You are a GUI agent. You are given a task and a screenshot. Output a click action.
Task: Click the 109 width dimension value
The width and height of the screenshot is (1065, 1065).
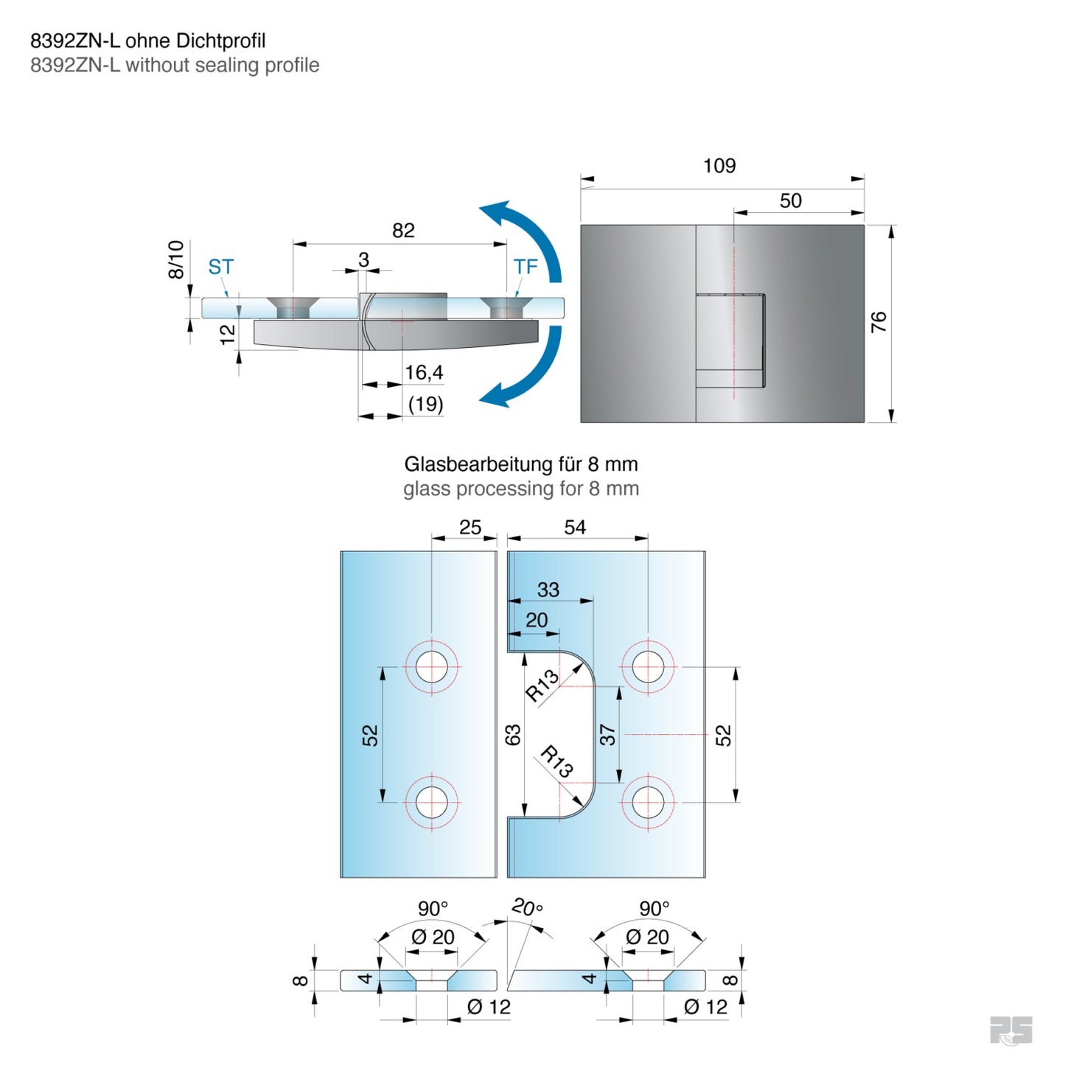719,166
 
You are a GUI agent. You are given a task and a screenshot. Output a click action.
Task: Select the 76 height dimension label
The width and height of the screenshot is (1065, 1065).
879,322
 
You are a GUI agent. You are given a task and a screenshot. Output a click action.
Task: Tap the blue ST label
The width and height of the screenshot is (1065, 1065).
220,267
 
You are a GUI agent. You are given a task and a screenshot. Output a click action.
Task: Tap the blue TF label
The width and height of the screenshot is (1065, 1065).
525,267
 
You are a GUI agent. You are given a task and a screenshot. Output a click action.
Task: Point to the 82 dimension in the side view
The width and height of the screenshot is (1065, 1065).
403,231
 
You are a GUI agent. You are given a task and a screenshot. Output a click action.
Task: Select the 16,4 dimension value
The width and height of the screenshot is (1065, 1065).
424,373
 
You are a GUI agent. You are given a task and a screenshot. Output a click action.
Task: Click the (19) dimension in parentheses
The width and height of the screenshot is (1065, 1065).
425,404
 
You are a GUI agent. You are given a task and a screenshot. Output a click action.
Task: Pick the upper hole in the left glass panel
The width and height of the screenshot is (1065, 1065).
432,667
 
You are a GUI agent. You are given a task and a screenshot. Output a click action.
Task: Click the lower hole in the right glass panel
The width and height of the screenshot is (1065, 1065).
647,802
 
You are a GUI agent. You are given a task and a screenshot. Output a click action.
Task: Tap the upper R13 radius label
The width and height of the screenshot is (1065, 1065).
542,685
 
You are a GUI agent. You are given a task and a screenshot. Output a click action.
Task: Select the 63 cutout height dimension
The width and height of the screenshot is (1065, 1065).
513,735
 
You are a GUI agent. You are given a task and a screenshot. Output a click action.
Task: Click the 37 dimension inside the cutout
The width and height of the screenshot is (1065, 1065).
607,735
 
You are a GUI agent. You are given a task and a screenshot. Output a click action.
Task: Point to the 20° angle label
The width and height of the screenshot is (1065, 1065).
528,907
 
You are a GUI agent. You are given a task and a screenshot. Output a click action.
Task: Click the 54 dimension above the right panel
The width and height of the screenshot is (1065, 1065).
575,528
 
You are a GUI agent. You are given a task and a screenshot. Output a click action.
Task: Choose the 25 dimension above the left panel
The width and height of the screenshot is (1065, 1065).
470,528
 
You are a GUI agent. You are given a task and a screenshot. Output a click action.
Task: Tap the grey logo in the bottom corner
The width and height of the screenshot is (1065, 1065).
1010,1030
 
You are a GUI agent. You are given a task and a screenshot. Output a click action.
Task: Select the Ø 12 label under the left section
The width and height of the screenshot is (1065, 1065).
489,1007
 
